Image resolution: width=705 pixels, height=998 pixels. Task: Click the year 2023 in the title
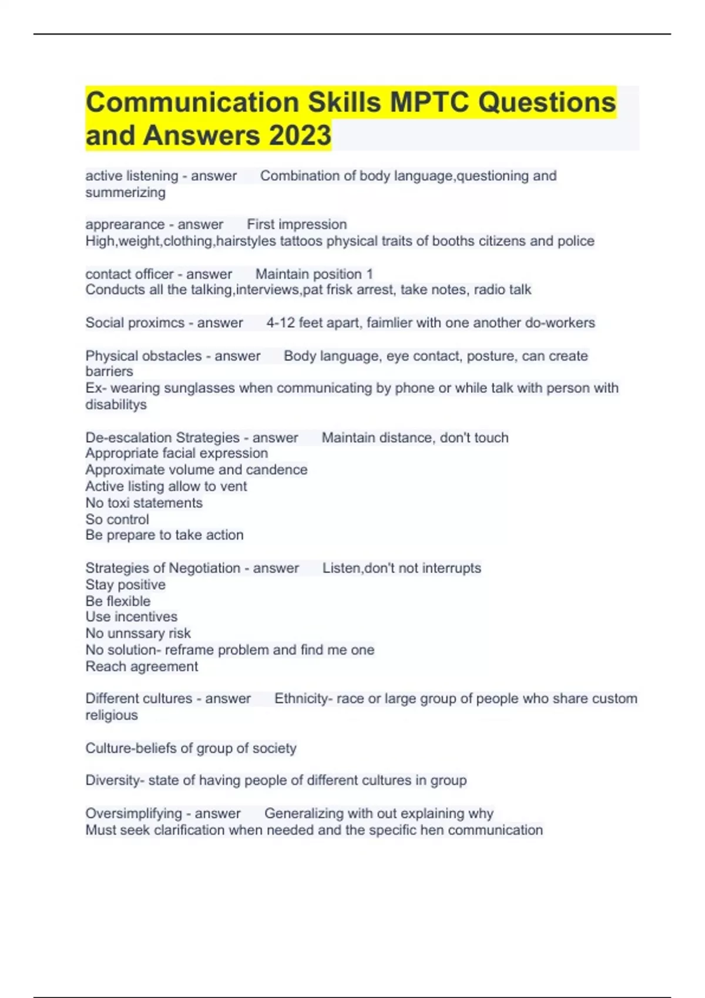click(x=300, y=135)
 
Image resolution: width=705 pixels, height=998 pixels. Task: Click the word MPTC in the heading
click(x=429, y=102)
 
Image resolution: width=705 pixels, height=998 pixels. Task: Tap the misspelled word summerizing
click(x=125, y=193)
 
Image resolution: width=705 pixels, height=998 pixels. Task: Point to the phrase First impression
click(x=297, y=224)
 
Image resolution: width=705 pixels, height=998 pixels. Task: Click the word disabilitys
click(x=116, y=404)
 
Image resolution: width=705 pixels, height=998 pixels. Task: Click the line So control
click(x=117, y=520)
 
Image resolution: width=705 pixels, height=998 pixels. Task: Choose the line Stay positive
click(x=125, y=585)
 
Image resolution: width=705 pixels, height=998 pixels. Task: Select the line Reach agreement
click(x=142, y=666)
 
